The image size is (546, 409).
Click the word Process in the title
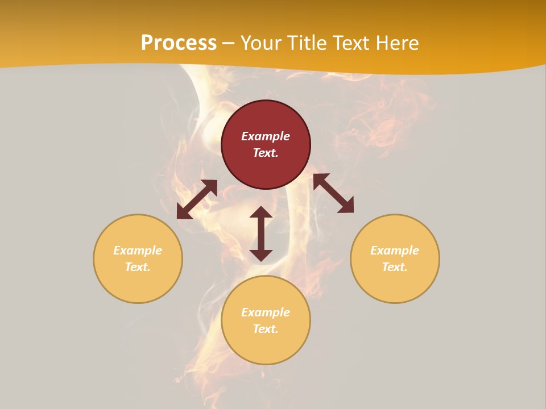(179, 43)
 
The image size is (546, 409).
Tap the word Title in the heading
(309, 43)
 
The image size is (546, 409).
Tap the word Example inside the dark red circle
(266, 136)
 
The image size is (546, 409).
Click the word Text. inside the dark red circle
(266, 153)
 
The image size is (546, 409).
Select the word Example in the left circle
(138, 251)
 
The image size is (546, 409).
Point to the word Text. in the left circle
(138, 267)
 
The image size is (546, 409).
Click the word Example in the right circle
(395, 251)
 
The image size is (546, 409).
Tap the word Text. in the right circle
(395, 267)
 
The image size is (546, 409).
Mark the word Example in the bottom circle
(266, 312)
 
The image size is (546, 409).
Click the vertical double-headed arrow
(261, 233)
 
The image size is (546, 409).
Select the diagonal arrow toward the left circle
(197, 199)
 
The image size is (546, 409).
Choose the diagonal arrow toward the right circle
(333, 193)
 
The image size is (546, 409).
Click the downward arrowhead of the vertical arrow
(261, 254)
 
